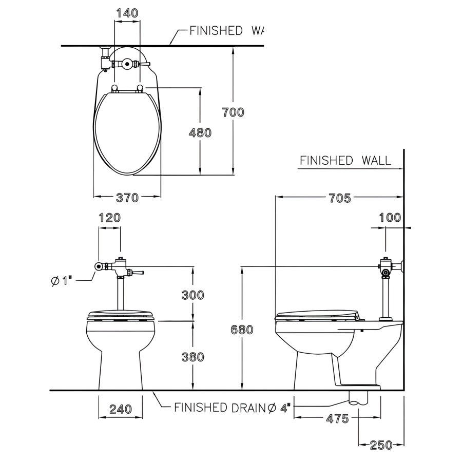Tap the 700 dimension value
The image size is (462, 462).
click(233, 112)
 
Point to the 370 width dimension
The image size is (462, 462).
click(127, 197)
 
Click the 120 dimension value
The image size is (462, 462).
click(109, 218)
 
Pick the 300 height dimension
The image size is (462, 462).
click(192, 295)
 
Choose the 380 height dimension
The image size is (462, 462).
click(192, 357)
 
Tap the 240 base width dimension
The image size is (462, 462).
click(120, 409)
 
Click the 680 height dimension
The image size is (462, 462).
click(242, 330)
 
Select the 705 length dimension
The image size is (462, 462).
click(340, 198)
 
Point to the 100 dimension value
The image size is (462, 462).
click(390, 218)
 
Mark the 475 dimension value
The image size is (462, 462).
click(337, 419)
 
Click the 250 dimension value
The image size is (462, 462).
click(381, 445)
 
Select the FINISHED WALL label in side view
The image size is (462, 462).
click(345, 160)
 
